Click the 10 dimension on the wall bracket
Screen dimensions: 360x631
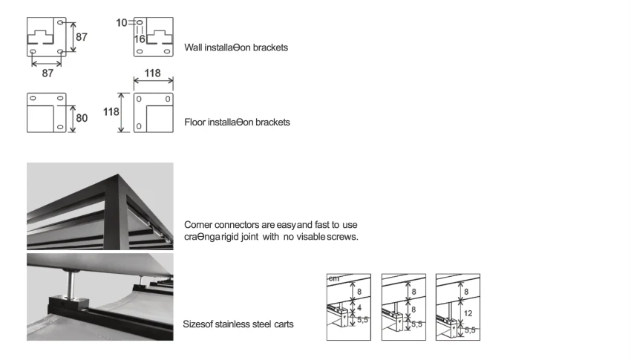tap(122, 22)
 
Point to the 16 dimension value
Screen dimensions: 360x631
tap(140, 38)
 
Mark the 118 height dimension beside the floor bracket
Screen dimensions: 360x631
tap(111, 112)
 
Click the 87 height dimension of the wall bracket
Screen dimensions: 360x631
tap(82, 37)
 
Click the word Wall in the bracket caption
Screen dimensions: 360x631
tap(193, 48)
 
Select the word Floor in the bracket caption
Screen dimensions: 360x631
tap(195, 122)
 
